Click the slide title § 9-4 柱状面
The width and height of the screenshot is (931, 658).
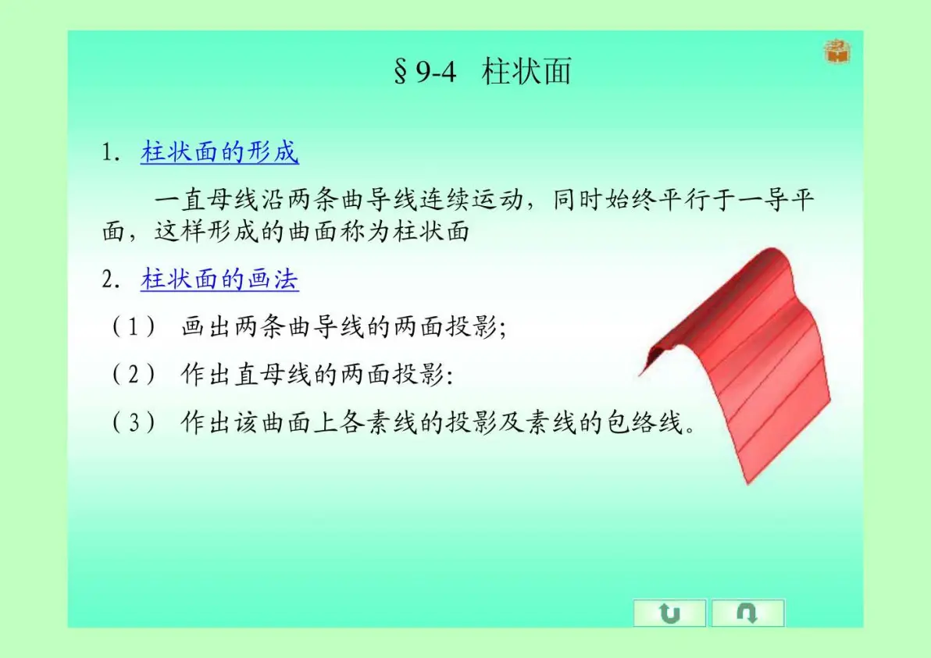(483, 72)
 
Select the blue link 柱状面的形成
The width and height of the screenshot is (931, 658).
(219, 152)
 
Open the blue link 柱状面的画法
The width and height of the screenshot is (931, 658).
(219, 279)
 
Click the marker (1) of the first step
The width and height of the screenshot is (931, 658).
(134, 327)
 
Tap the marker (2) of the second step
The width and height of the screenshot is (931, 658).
(134, 375)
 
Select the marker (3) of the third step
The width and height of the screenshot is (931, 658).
(134, 423)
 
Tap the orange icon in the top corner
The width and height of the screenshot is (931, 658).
(837, 52)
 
